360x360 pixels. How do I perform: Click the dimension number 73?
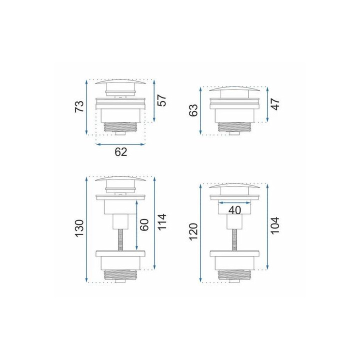79,106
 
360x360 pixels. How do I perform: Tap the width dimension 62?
121,152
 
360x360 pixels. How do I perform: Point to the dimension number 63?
193,110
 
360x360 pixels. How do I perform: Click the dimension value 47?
275,104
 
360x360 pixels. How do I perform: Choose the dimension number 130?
79,228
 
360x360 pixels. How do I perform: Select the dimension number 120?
193,231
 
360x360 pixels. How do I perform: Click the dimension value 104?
275,225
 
